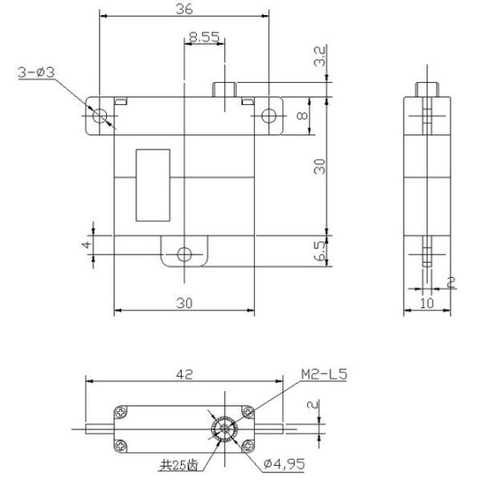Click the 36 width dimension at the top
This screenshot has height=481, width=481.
click(x=183, y=8)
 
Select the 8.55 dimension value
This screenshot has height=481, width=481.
click(x=204, y=38)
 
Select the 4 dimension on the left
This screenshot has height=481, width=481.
click(x=87, y=243)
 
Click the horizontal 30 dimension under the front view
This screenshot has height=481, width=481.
click(x=184, y=304)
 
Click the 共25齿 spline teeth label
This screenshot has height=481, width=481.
click(x=178, y=464)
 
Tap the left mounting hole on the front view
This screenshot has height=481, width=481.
click(x=100, y=116)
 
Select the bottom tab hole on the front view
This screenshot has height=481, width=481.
click(x=183, y=254)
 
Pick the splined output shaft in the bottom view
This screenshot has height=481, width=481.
click(x=223, y=428)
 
